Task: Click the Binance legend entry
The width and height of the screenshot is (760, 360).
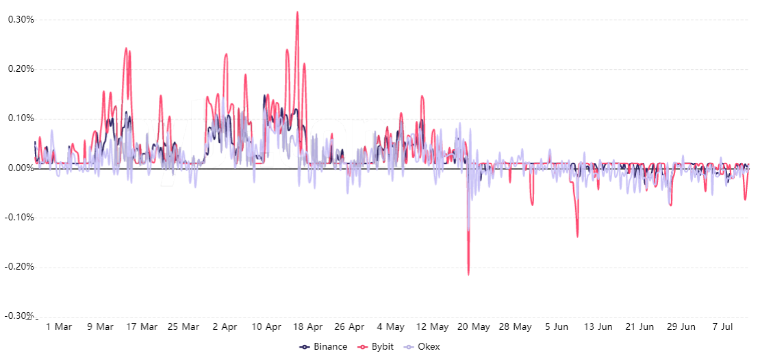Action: [324, 347]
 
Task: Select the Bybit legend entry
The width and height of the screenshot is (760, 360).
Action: [377, 347]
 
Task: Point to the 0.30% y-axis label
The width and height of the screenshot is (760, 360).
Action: [21, 19]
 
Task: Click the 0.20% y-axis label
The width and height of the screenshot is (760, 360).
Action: [21, 69]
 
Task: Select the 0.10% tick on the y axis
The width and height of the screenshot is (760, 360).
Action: [21, 118]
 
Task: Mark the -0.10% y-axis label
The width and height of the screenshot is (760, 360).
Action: [19, 218]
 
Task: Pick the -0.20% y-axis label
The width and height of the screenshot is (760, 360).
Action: [19, 267]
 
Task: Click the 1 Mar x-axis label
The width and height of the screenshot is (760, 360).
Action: [58, 327]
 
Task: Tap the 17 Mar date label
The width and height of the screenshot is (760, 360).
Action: [142, 327]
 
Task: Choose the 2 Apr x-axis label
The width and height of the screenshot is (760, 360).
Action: [225, 327]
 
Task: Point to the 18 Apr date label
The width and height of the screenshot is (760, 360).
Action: [308, 327]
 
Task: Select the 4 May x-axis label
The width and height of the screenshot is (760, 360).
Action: [391, 327]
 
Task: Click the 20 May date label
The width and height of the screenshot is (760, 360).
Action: [474, 327]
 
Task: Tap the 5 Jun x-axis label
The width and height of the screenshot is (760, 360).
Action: [557, 327]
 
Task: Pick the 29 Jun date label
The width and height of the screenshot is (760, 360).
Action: [681, 327]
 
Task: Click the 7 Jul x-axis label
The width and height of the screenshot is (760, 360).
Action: [722, 327]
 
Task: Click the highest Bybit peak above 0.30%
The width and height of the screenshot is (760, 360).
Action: [297, 12]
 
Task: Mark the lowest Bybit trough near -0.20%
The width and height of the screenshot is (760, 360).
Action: [468, 274]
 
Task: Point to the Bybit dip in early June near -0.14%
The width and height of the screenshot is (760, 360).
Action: [577, 237]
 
